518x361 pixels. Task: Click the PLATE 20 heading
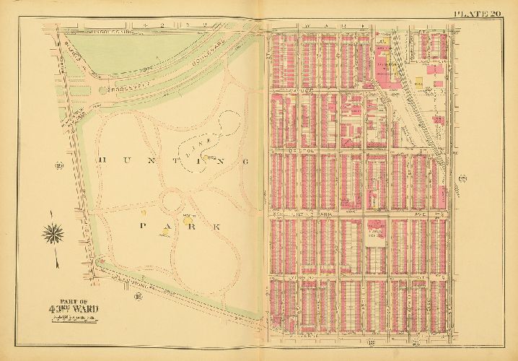(x=477, y=13)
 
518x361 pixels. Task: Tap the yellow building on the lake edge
(x=209, y=157)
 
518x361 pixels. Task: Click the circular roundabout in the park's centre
(x=174, y=201)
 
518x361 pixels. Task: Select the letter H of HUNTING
(x=100, y=162)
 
